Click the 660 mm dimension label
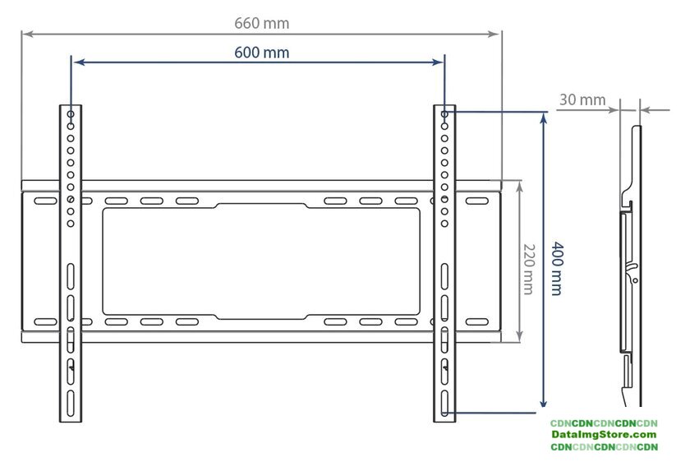tap(261, 23)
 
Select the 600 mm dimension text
tap(261, 52)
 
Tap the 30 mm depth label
tap(582, 99)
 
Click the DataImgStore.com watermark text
tap(604, 434)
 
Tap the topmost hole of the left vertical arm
tap(71, 114)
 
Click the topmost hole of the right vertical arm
tap(444, 114)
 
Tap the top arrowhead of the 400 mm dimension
tap(542, 118)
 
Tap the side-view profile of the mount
tap(631, 263)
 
